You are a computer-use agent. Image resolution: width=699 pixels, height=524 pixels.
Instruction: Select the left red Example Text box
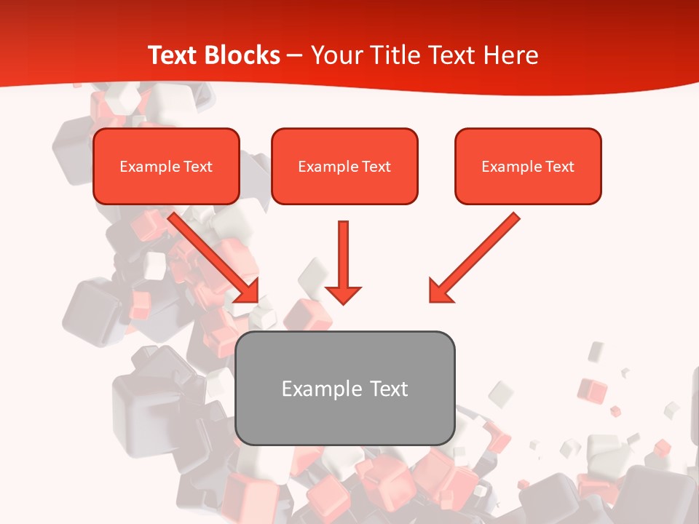click(x=166, y=166)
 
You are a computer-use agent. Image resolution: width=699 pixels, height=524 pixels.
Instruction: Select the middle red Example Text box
click(x=344, y=166)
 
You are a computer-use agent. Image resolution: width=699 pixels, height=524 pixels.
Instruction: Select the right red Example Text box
click(x=528, y=166)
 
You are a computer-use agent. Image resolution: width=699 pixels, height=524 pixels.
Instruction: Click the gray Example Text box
click(x=344, y=388)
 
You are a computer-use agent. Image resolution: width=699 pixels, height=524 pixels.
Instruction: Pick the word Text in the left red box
click(x=197, y=167)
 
